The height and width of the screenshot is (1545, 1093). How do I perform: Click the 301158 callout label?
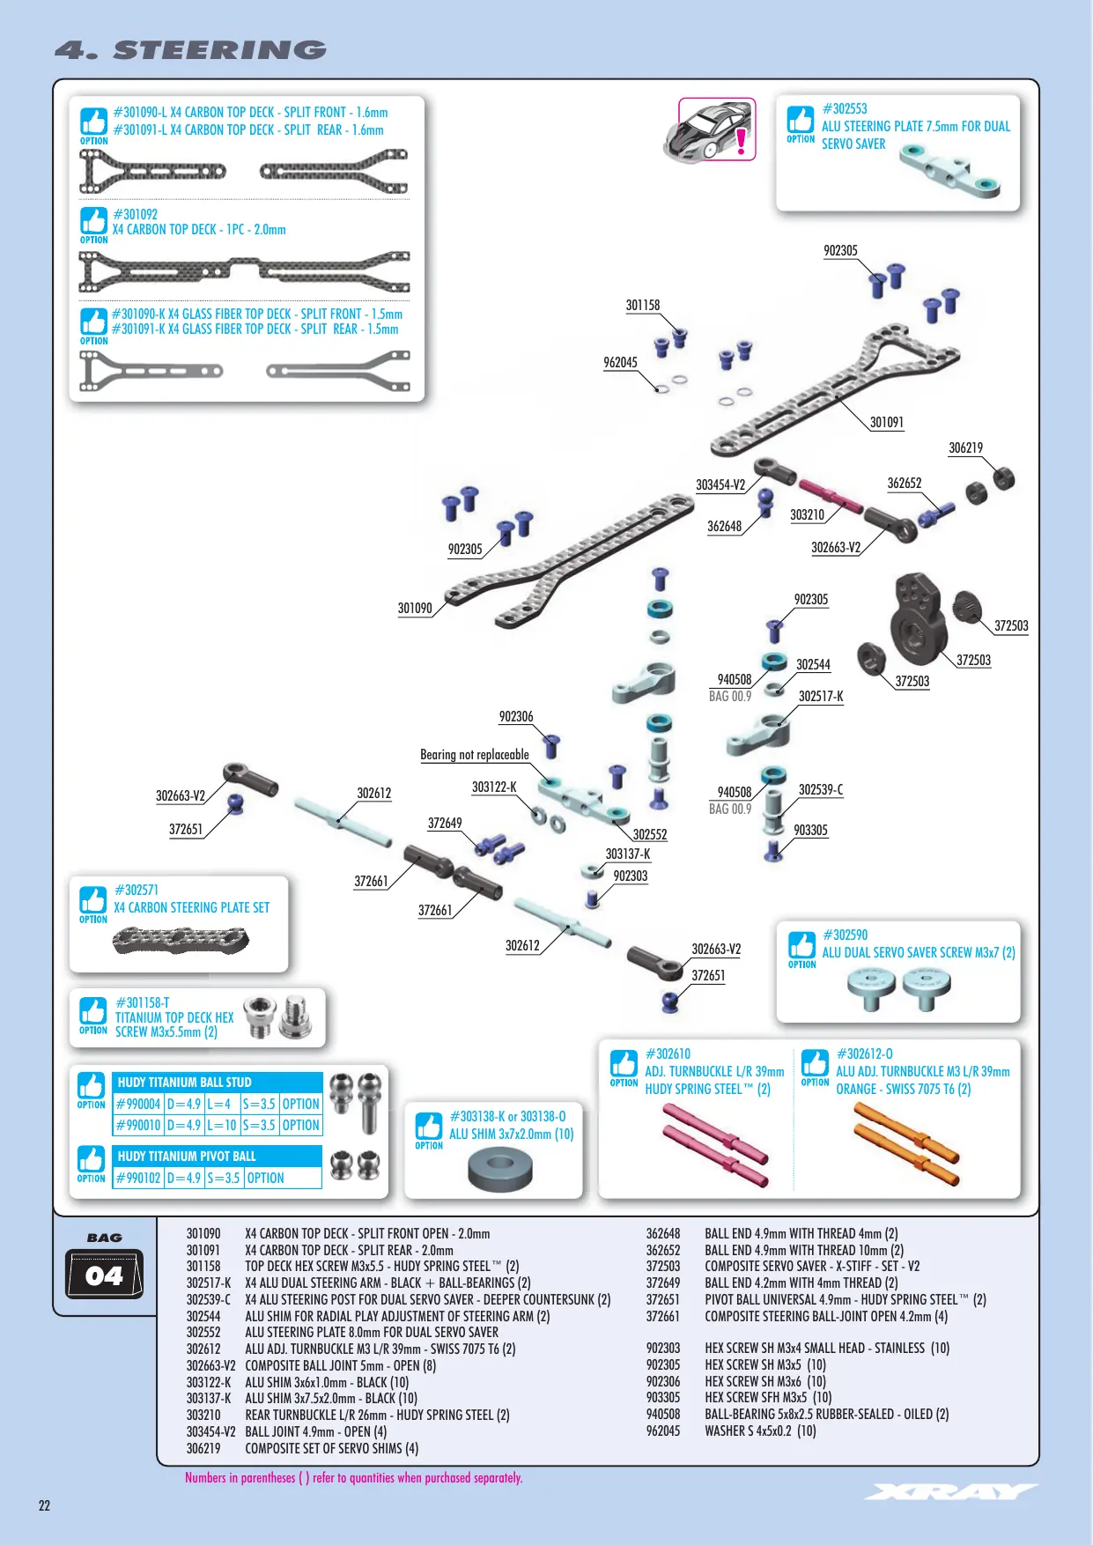click(643, 306)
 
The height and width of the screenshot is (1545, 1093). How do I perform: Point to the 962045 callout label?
click(620, 363)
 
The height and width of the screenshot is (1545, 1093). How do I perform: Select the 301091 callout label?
click(887, 423)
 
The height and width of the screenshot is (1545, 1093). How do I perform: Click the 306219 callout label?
click(965, 448)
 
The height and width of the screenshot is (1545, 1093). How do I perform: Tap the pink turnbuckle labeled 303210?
click(831, 495)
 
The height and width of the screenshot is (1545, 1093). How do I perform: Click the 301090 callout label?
click(415, 609)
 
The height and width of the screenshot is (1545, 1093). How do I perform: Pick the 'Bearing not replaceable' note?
click(475, 755)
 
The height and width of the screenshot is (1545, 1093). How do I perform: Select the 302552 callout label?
click(650, 835)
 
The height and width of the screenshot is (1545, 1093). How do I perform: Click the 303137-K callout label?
click(628, 854)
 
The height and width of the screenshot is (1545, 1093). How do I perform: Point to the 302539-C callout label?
click(821, 790)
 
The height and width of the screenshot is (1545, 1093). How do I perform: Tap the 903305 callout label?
click(811, 831)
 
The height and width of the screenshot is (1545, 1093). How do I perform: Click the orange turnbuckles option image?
click(905, 1145)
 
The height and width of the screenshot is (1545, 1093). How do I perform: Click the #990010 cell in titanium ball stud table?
click(139, 1126)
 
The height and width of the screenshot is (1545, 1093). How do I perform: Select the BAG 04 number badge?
click(104, 1275)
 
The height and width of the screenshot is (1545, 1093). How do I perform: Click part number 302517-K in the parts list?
click(209, 1283)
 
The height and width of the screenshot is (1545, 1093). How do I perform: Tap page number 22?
click(44, 1506)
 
